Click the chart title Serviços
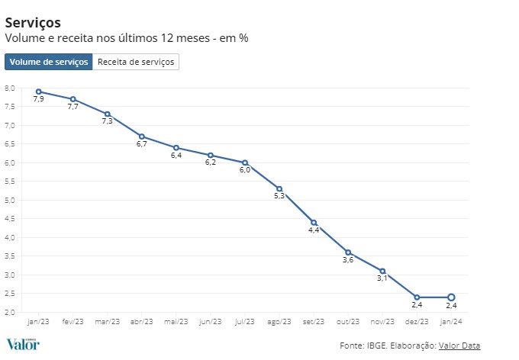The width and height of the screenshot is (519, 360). coord(33,22)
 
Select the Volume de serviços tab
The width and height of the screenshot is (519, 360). coord(48,62)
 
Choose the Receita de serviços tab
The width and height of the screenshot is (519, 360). coord(136,62)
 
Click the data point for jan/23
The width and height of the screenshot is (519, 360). coord(38,92)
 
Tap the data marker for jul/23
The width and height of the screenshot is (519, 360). coord(245,162)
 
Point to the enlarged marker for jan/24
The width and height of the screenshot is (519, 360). coord(451,297)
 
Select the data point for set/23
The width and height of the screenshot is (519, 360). coord(314,223)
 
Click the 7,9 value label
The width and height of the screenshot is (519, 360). coord(38,100)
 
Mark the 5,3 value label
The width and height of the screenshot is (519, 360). coord(279,197)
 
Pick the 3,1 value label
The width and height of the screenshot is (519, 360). coord(382,279)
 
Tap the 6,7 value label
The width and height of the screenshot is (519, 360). coord(141,144)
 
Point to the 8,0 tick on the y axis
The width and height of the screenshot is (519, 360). coord(10,88)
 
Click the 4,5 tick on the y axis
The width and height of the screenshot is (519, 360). coord(10,219)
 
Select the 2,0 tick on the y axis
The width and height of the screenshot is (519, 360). coord(10,313)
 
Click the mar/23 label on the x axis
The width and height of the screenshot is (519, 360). coord(107,321)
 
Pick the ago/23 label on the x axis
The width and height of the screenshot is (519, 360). coord(279,321)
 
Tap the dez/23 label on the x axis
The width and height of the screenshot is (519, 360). coord(417,321)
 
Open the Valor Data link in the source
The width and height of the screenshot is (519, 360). coord(459,346)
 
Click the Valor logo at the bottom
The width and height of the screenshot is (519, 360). coord(23,344)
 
